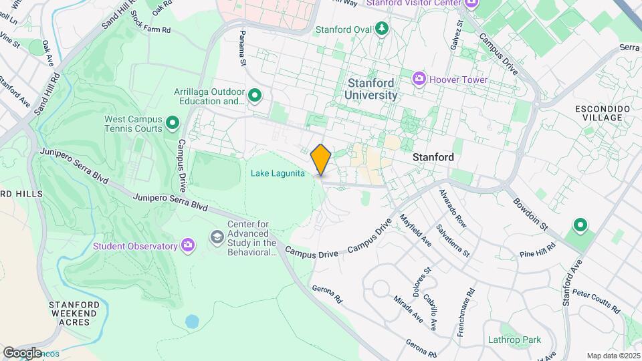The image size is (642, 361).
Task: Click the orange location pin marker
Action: [x=321, y=160]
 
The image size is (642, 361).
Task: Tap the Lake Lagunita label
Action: [x=278, y=174]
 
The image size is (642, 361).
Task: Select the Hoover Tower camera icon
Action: [x=419, y=80]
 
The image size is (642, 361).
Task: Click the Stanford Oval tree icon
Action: [x=381, y=29]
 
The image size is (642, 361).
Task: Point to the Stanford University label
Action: [x=371, y=89]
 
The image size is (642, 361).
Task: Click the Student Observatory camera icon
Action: [x=189, y=246]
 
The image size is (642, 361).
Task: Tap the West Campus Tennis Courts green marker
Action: [x=173, y=122]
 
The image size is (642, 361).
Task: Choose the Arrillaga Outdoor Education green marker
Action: [x=254, y=96]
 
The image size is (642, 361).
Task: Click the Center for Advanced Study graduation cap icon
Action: [x=217, y=237]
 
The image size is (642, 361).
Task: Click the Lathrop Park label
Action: [x=521, y=340]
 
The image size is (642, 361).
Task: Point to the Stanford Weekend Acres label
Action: [x=74, y=314]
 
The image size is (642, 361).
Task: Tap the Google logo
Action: [x=22, y=352]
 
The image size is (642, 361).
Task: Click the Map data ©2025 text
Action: [x=612, y=356]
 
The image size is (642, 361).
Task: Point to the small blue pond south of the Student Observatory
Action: [x=192, y=322]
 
